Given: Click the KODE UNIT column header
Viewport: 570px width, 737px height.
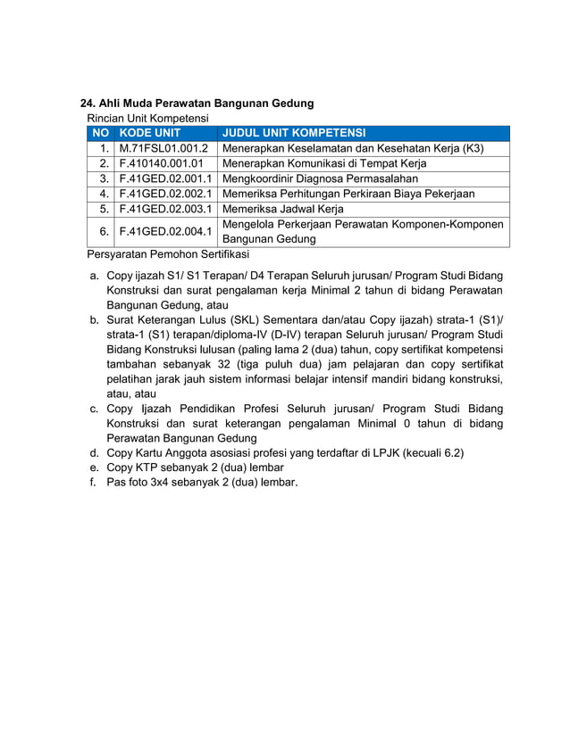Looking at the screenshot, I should (x=149, y=133).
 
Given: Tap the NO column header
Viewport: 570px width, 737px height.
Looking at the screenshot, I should (x=100, y=133).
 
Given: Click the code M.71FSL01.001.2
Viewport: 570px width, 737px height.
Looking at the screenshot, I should (x=163, y=148).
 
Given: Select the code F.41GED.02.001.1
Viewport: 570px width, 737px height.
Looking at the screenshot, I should (x=165, y=178).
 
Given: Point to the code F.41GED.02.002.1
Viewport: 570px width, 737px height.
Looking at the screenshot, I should (x=165, y=194).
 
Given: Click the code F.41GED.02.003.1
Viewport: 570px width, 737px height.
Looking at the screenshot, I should (x=165, y=209).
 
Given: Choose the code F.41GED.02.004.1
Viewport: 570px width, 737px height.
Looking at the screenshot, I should (x=165, y=231).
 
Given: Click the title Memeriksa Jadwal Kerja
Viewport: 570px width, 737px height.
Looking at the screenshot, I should (x=282, y=209).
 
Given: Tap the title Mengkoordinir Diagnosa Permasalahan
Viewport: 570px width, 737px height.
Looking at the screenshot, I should (x=320, y=178).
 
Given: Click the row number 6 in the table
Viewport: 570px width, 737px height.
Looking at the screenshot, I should (x=105, y=231).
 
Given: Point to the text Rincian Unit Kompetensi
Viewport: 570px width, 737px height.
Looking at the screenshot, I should (x=147, y=118).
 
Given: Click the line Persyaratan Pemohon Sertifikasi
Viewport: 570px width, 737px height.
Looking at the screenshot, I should (x=167, y=254).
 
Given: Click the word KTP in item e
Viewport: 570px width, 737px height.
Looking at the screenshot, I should (x=148, y=468).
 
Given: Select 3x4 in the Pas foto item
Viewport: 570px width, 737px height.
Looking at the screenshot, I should (x=167, y=483).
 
